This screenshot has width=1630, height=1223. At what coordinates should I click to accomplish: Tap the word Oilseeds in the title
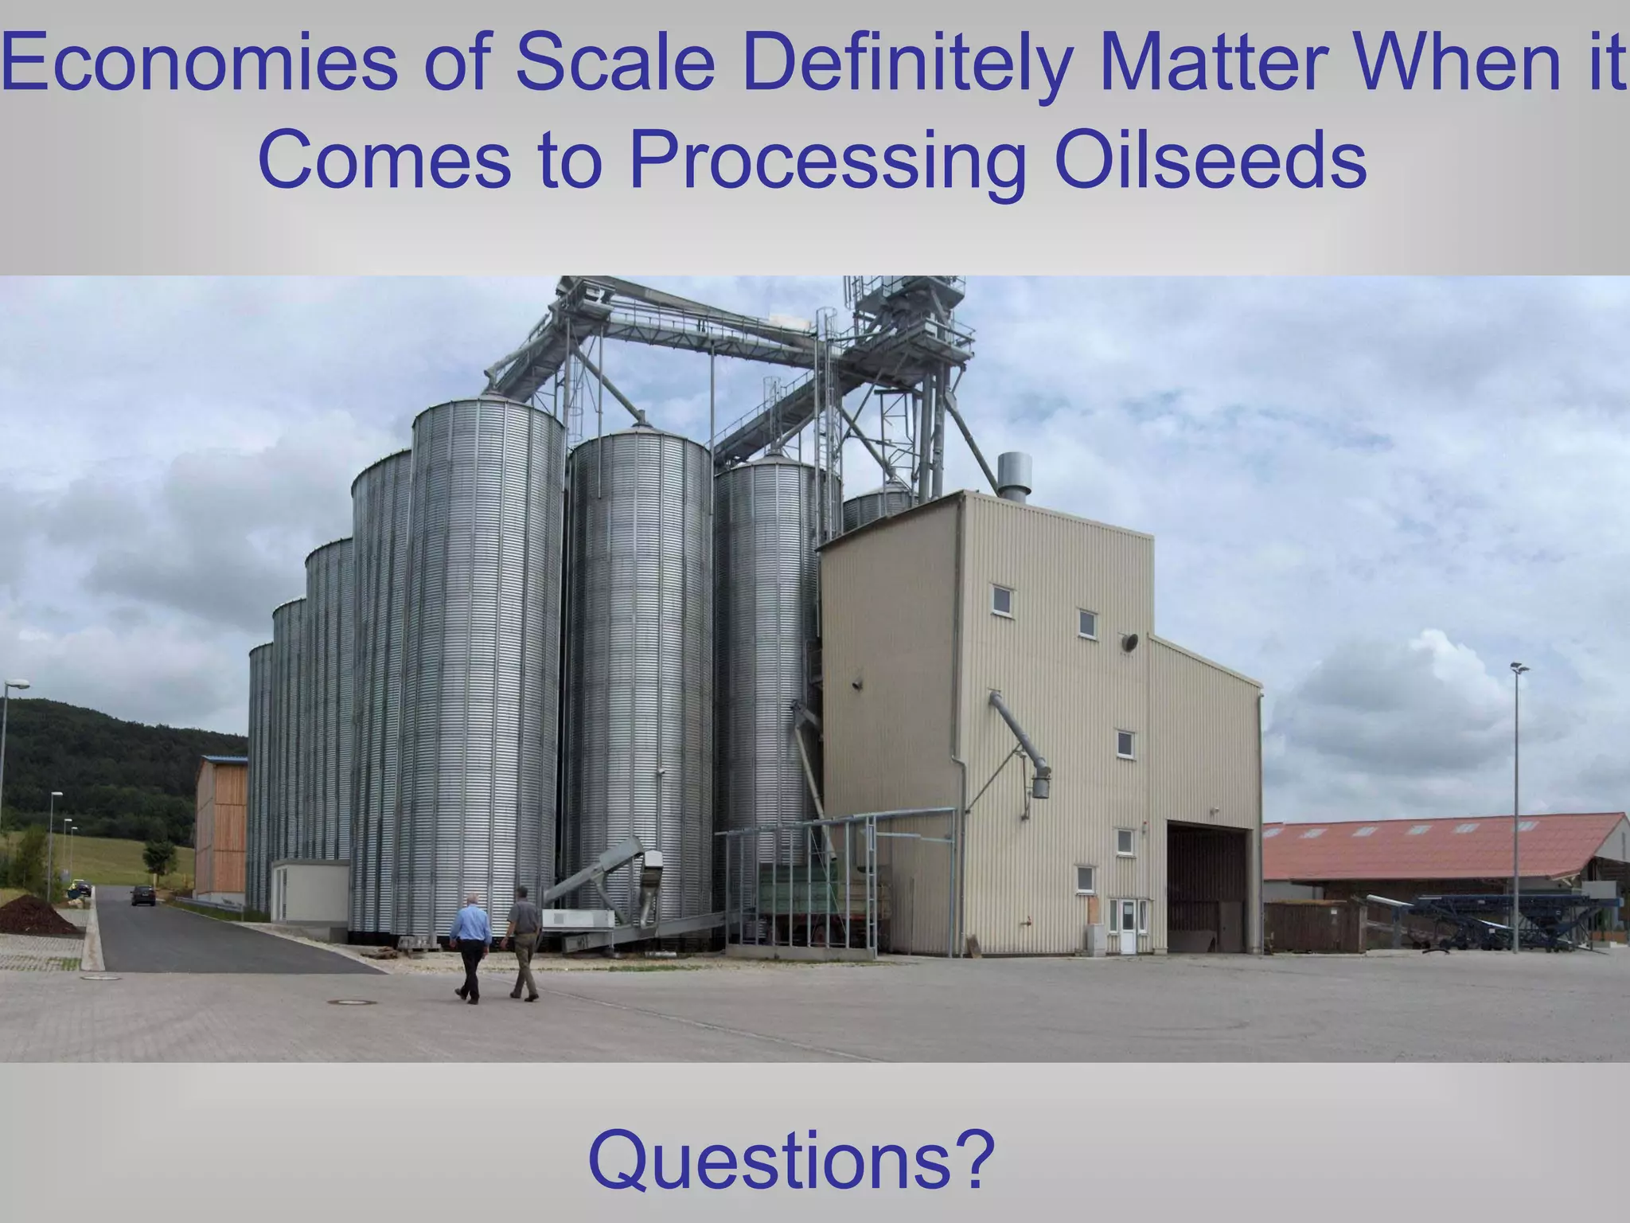(x=1210, y=159)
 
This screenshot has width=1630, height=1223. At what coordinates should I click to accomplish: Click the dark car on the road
(x=143, y=895)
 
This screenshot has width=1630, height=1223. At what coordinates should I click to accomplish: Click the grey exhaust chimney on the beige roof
(x=1014, y=475)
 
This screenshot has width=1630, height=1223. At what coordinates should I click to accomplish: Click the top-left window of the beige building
(x=1002, y=600)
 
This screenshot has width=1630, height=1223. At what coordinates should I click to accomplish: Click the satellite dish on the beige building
(x=1129, y=642)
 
